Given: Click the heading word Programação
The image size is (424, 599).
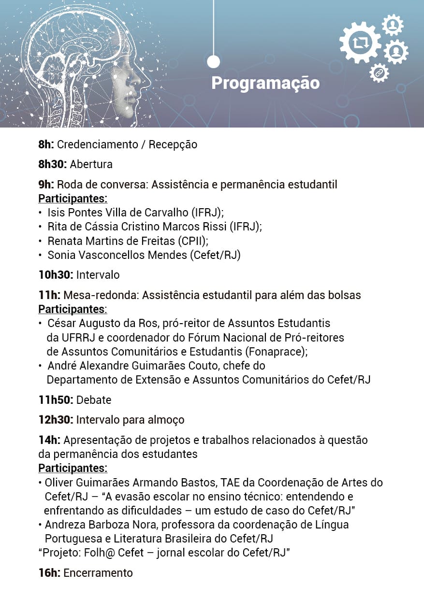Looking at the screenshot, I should click(x=265, y=83).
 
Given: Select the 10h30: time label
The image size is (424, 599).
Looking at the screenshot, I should click(x=56, y=275).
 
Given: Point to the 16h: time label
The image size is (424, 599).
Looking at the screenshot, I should click(x=49, y=573).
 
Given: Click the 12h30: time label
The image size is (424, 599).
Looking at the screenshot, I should click(x=56, y=420).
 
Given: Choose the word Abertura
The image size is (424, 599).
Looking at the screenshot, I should click(x=91, y=164).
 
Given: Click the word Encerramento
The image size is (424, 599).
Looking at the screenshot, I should click(x=98, y=573).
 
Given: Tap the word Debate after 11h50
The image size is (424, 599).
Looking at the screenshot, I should click(x=94, y=400).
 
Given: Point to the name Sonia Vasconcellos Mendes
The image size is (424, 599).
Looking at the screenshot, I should click(x=116, y=255).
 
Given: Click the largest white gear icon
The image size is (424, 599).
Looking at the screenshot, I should click(x=361, y=43).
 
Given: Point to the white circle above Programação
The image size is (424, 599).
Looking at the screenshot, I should click(x=213, y=62).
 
